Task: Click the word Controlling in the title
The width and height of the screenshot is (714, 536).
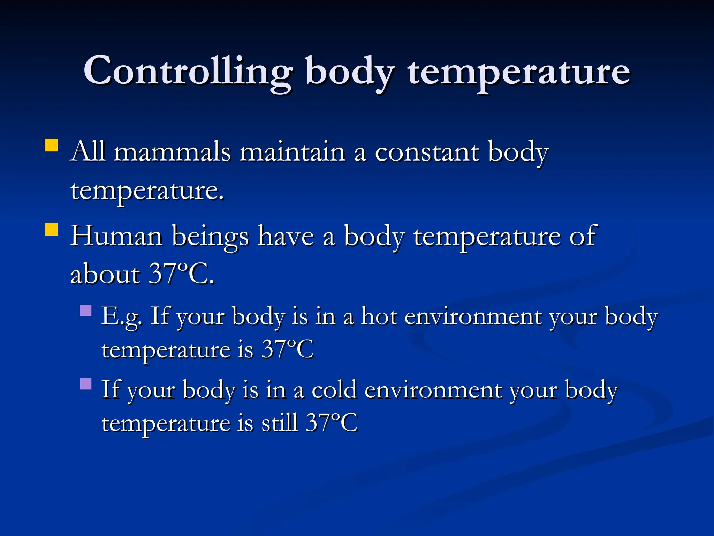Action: pos(188,72)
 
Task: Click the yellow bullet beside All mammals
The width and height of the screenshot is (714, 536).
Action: pos(51,145)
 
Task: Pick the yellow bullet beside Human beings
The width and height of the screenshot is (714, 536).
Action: pos(51,229)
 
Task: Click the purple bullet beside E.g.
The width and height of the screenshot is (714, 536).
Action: pos(86,310)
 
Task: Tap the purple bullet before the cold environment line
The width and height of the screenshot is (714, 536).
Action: pos(86,384)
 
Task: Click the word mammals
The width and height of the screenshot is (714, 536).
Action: pos(173,152)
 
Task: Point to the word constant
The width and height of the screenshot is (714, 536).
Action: pos(427,152)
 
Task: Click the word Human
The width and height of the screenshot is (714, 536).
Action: pos(116,236)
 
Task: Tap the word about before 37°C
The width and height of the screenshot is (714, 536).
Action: pos(105,274)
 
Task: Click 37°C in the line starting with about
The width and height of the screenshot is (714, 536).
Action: pos(181,274)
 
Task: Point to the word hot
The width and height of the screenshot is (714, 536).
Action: pos(379,317)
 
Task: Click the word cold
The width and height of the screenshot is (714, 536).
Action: pos(334,390)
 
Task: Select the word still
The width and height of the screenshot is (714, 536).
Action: pos(280,423)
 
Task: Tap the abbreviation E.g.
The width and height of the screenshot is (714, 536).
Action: pos(122,317)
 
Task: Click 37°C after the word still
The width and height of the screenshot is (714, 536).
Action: pos(332,423)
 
